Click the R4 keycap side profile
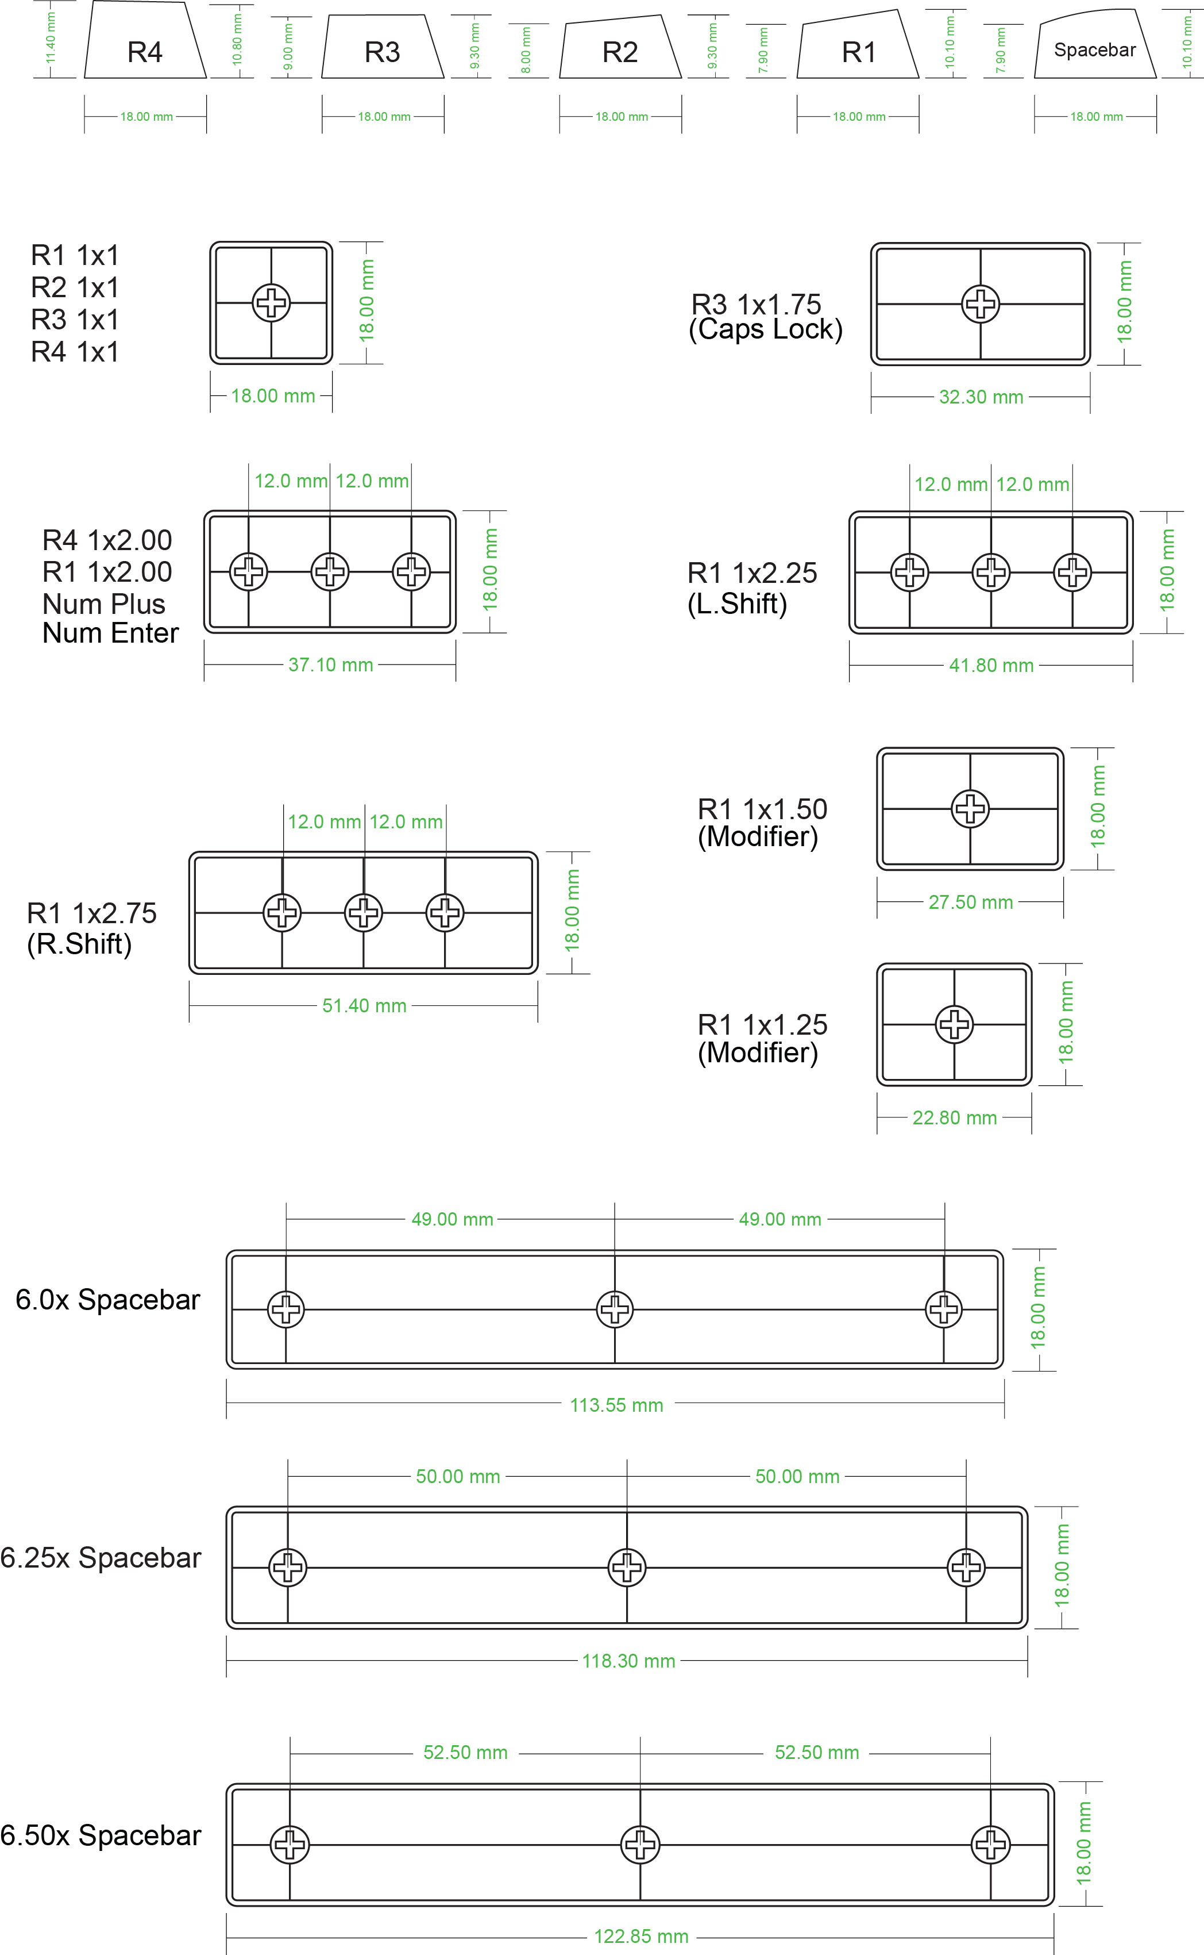[145, 44]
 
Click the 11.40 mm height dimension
[50, 39]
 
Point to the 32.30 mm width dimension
[981, 397]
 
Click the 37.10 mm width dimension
[330, 665]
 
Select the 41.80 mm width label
[991, 665]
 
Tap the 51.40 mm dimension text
[364, 1005]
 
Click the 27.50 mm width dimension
[971, 902]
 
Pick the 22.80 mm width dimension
[955, 1117]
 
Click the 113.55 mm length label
[616, 1405]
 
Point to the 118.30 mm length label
[628, 1661]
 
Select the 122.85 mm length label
[641, 1937]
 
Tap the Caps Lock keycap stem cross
[980, 304]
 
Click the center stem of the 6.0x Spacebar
[615, 1309]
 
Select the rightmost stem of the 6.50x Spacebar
[990, 1844]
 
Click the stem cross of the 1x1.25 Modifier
[955, 1024]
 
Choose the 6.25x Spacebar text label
[101, 1558]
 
